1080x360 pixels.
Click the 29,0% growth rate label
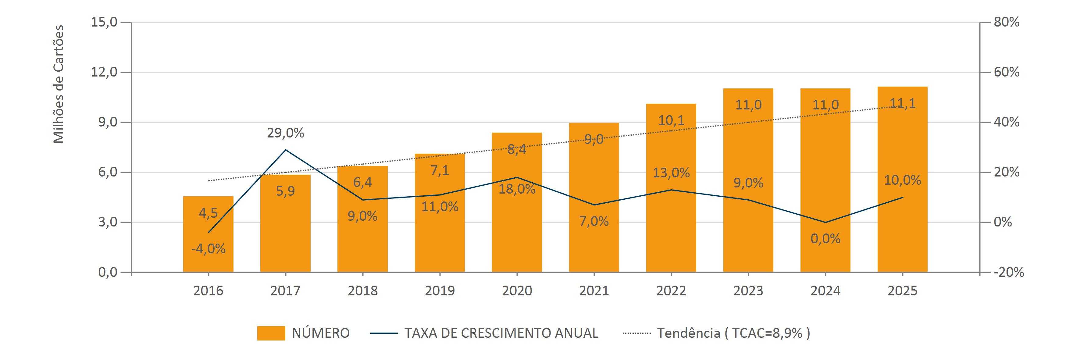[x=286, y=133]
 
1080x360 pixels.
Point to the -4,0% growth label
[x=209, y=249]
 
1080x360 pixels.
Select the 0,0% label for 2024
[x=825, y=239]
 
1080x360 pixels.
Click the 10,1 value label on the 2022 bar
[x=671, y=121]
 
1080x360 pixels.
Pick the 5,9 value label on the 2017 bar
[x=286, y=191]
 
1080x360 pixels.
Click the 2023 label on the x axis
[x=748, y=291]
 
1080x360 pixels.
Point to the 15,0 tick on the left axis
[x=104, y=22]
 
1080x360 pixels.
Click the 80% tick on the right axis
[x=1007, y=22]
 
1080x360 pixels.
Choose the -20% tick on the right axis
[x=1009, y=273]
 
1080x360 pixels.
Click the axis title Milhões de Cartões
[x=59, y=84]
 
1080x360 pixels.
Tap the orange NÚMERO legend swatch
[x=271, y=333]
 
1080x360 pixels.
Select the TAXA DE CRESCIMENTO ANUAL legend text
[x=501, y=333]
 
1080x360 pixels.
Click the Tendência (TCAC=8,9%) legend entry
[x=733, y=333]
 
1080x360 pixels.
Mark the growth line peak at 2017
[x=286, y=150]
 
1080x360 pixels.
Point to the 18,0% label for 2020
[x=517, y=189]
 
